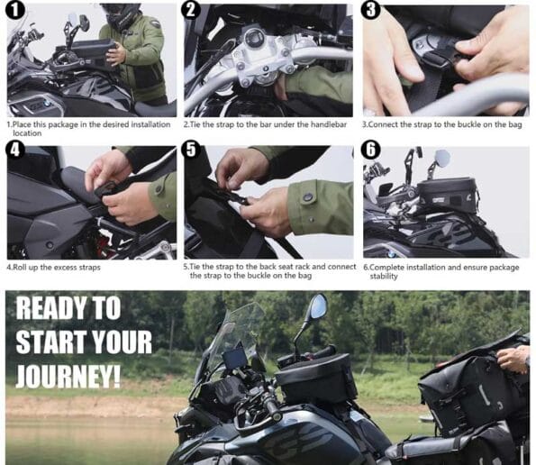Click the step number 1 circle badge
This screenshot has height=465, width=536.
pyautogui.click(x=14, y=9)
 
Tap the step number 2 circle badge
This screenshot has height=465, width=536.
pyautogui.click(x=190, y=9)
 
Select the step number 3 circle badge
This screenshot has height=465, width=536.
pyautogui.click(x=370, y=9)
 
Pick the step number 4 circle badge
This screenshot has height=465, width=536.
pyautogui.click(x=14, y=150)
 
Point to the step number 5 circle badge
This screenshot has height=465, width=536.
pyautogui.click(x=192, y=150)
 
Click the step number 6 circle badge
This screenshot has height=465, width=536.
pyautogui.click(x=371, y=150)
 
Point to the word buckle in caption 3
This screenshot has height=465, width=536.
pyautogui.click(x=477, y=124)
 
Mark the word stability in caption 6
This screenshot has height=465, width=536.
pyautogui.click(x=384, y=277)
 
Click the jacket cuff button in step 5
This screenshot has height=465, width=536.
pyautogui.click(x=309, y=197)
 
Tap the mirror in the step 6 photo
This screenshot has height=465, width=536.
pyautogui.click(x=441, y=158)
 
